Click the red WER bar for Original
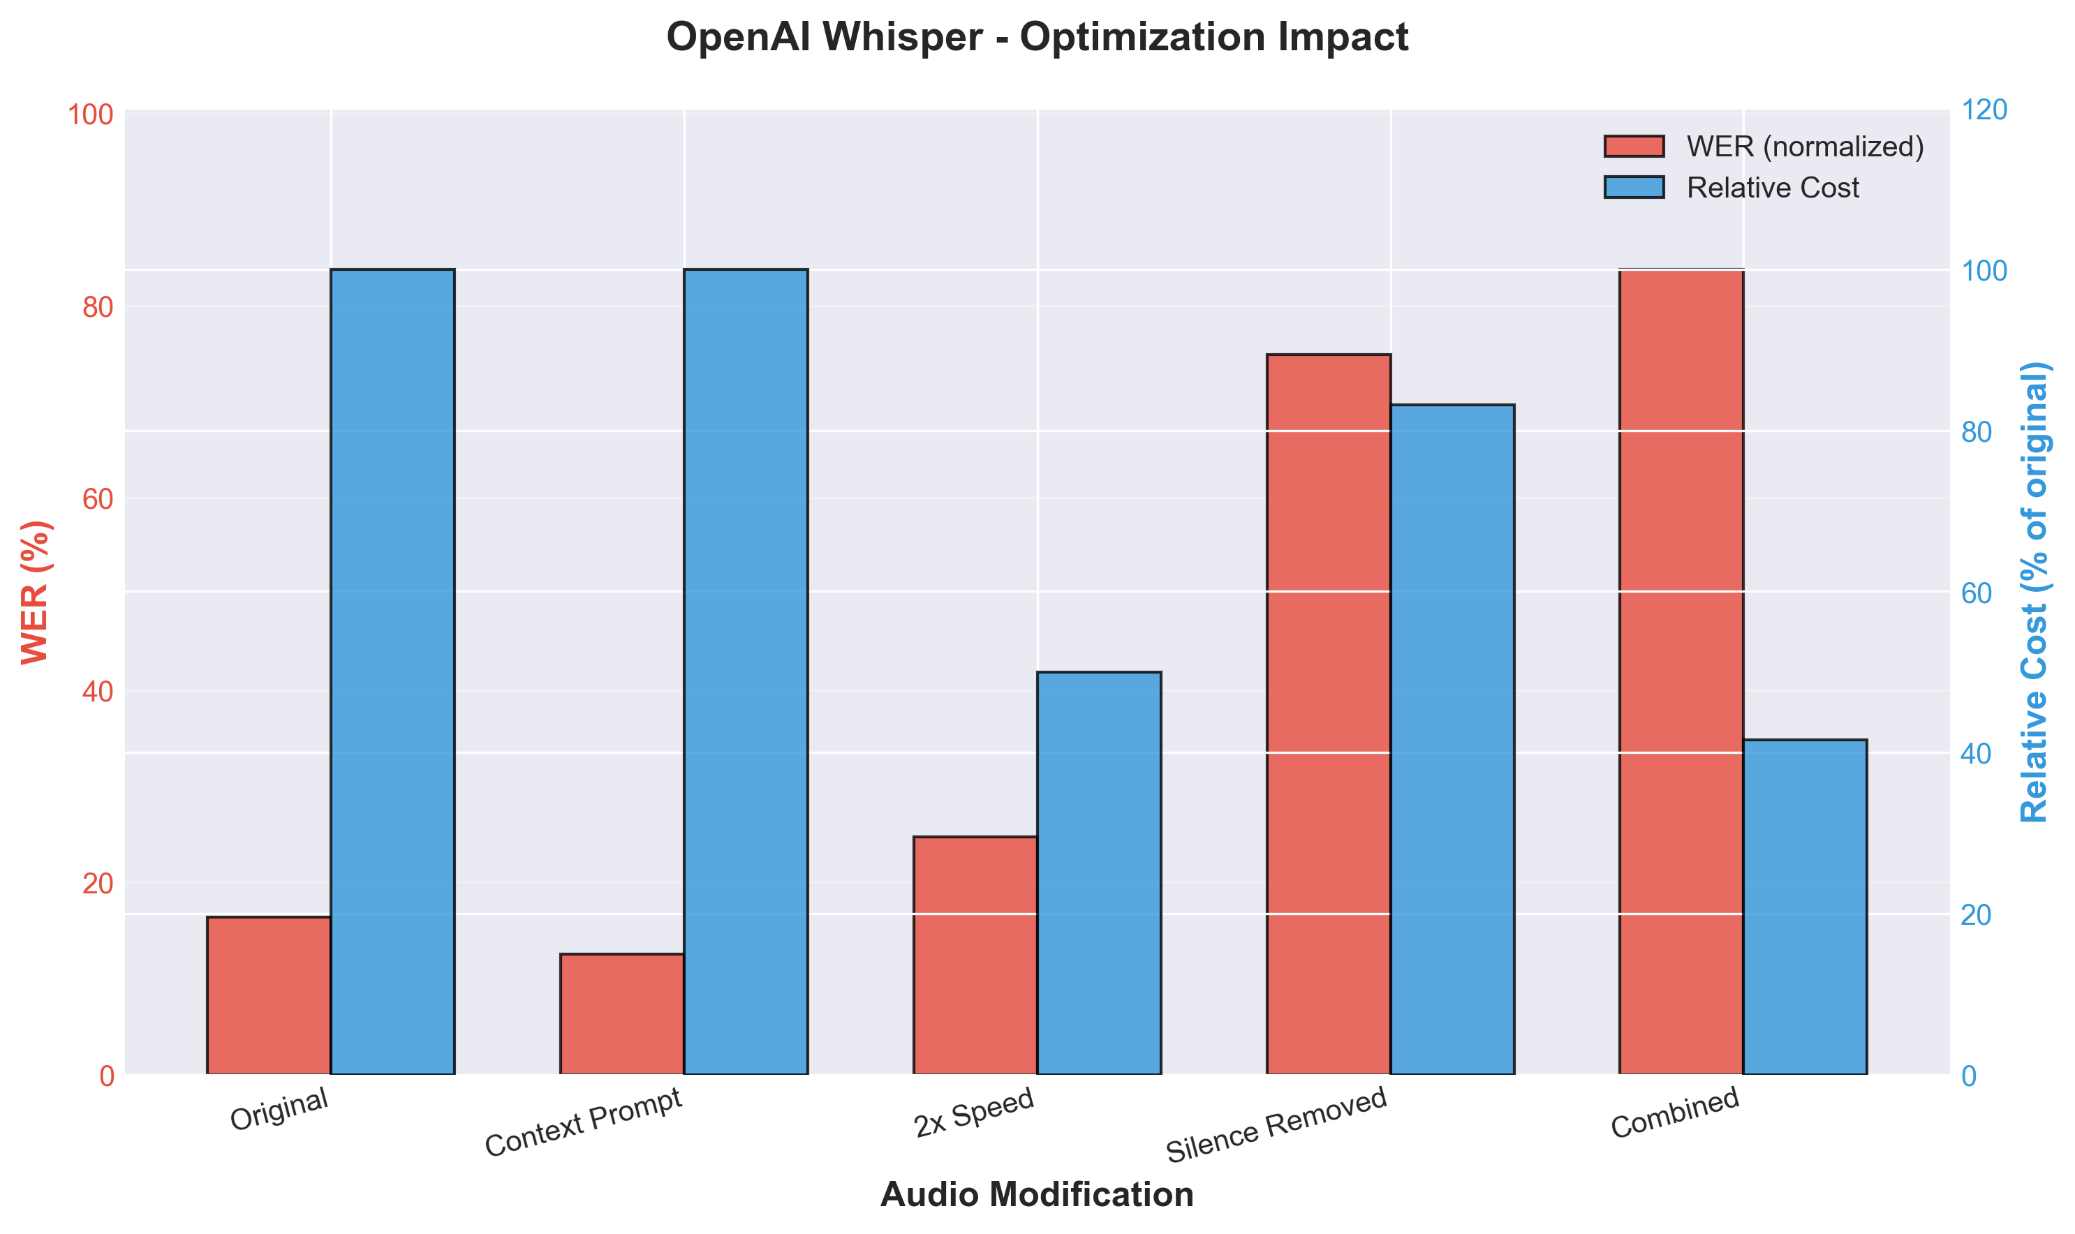click(x=269, y=995)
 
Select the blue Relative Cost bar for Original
click(x=392, y=672)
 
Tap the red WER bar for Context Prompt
click(x=622, y=1013)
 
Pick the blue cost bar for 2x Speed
click(x=1099, y=873)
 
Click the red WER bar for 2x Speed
click(x=975, y=956)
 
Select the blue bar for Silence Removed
click(x=1452, y=739)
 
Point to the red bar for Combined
click(x=1681, y=672)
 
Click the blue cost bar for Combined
click(x=1805, y=907)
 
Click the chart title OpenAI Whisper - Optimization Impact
click(x=1037, y=38)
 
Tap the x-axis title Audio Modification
click(x=1037, y=1195)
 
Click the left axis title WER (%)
click(x=36, y=592)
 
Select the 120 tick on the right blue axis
click(x=1984, y=110)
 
